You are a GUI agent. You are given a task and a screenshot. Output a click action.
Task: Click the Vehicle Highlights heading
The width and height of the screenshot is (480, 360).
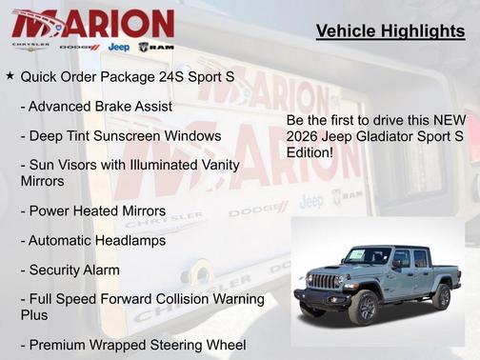tap(390, 31)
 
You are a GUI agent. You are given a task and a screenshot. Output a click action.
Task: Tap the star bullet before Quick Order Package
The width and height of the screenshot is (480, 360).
tap(10, 74)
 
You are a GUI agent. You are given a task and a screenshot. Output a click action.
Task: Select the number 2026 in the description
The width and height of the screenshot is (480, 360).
tap(304, 135)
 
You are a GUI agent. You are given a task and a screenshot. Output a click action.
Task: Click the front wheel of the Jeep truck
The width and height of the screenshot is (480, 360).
tap(363, 308)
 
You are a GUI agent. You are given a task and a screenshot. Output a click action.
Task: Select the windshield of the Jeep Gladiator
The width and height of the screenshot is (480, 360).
tap(367, 255)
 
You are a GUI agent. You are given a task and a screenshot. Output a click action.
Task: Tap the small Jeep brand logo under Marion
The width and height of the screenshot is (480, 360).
tap(118, 47)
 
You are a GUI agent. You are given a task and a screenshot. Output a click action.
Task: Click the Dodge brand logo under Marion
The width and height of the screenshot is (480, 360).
tap(79, 47)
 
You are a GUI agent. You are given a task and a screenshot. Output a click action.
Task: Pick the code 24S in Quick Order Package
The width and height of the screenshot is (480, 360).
tap(169, 74)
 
